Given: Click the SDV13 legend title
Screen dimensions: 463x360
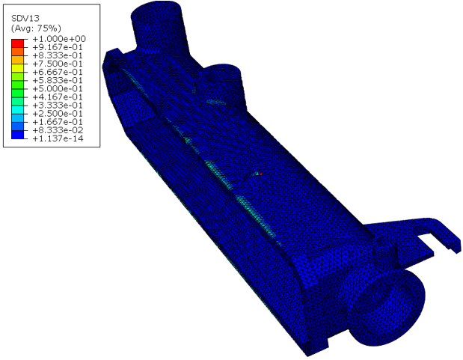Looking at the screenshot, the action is point(25,18).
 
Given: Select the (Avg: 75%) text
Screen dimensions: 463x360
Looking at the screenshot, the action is point(36,28).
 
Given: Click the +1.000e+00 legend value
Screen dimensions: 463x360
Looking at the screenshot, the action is point(59,39).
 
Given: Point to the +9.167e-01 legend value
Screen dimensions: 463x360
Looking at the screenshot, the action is point(58,47).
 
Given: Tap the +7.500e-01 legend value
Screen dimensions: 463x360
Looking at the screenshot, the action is point(58,64).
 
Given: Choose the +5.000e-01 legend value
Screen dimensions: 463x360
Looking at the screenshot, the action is point(58,88).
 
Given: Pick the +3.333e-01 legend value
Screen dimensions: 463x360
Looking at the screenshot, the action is point(58,106).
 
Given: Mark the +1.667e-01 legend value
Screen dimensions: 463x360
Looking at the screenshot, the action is point(58,122).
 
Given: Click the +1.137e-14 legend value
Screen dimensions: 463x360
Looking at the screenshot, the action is point(58,138).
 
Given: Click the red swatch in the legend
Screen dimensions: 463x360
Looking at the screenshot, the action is point(17,43).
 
